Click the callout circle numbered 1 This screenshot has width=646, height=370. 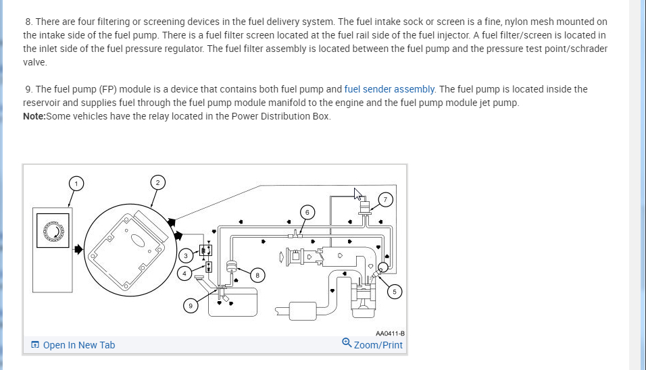[x=76, y=183]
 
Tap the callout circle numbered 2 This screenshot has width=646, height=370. [x=157, y=182]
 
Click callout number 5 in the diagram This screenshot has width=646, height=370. [x=396, y=292]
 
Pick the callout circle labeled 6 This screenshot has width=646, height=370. [x=307, y=212]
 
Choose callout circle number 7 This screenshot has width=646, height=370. [x=385, y=199]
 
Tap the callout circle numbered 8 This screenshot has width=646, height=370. [x=257, y=275]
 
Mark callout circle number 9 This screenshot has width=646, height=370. [x=190, y=306]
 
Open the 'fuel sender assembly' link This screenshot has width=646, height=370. [x=390, y=89]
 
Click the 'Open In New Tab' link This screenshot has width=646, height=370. [x=79, y=345]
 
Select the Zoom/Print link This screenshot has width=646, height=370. [x=378, y=345]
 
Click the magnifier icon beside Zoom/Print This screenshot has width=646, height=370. [x=347, y=343]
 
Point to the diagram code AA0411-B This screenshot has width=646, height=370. [x=390, y=333]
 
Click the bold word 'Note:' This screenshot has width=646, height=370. [x=34, y=116]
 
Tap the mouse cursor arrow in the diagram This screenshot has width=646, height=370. [x=359, y=194]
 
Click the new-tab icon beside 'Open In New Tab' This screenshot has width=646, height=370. [x=35, y=345]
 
